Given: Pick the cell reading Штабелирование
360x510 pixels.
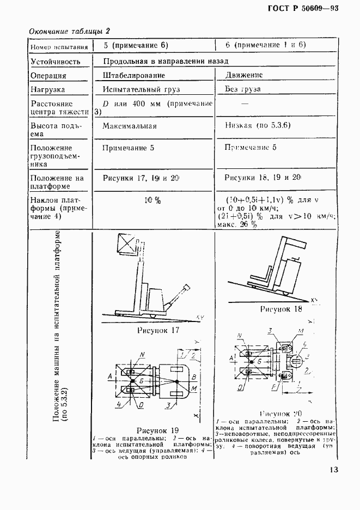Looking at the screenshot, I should point(133,76).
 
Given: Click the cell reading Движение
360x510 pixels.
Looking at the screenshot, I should point(243,75).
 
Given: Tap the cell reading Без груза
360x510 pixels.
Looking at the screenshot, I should point(242,89).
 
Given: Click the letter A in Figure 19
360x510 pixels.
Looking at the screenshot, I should point(110,376).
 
